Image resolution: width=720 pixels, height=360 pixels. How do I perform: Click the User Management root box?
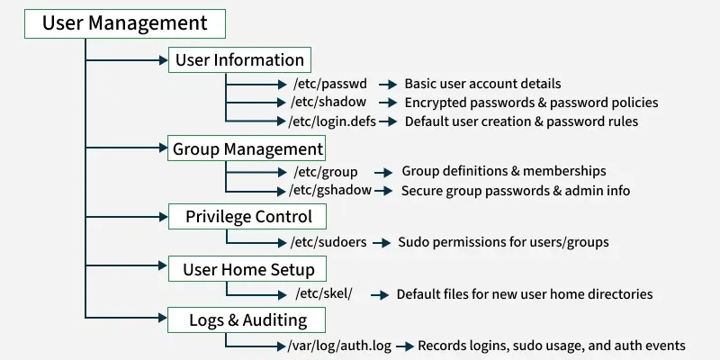tap(124, 23)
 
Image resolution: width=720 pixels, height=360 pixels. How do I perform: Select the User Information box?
tap(239, 60)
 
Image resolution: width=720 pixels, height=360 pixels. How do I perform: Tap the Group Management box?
tap(247, 148)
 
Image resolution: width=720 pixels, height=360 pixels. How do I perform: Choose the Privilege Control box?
tap(248, 216)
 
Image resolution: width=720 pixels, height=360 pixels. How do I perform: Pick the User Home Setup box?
tap(248, 269)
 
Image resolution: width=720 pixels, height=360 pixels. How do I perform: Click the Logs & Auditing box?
tap(247, 320)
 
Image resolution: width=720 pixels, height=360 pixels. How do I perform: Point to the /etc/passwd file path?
tap(329, 84)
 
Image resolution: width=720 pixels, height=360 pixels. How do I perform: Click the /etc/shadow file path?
tap(330, 103)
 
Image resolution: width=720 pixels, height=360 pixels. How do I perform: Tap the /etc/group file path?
tap(326, 171)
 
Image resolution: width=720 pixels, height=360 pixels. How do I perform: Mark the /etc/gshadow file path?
tap(330, 191)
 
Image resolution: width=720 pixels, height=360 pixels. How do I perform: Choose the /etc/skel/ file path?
tap(323, 294)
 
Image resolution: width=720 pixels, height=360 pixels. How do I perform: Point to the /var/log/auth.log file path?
tap(339, 346)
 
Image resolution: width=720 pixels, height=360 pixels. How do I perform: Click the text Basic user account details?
tap(482, 84)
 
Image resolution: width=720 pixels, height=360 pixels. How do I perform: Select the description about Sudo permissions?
tap(503, 241)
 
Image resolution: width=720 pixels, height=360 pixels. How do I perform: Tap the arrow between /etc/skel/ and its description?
tap(379, 294)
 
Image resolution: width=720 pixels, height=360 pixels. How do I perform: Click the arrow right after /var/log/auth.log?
tap(404, 346)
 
